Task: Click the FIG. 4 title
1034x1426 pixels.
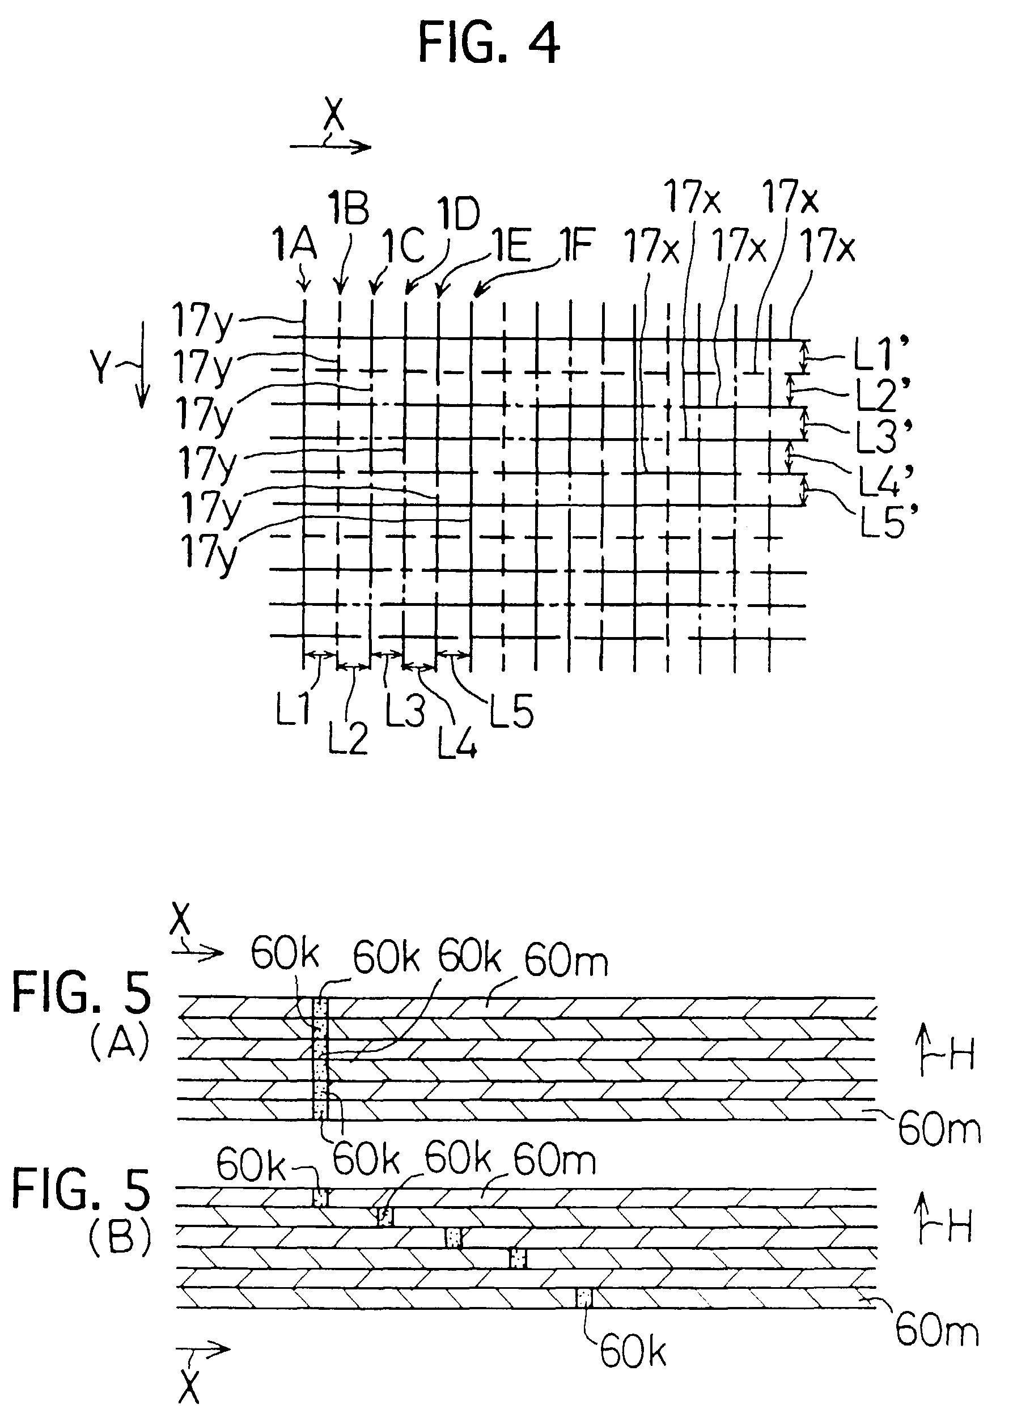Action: point(489,43)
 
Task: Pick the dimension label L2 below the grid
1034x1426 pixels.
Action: point(348,738)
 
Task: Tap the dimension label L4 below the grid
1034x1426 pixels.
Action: point(457,741)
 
